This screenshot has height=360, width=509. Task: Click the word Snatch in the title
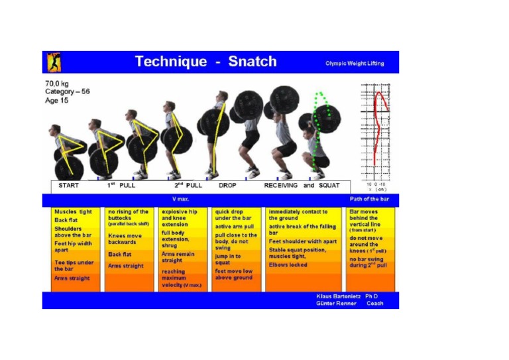(x=253, y=62)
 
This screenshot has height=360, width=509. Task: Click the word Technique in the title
(x=171, y=62)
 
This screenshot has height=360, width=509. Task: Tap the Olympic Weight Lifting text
(x=354, y=64)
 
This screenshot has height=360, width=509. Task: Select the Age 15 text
(x=58, y=100)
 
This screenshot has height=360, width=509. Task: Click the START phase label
(x=68, y=186)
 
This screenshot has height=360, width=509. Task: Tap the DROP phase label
(x=227, y=186)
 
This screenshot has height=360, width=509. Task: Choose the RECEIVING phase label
(x=281, y=186)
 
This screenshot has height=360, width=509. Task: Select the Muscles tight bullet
(x=73, y=212)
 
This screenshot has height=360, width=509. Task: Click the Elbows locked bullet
(x=288, y=265)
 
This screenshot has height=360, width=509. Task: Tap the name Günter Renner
(x=337, y=303)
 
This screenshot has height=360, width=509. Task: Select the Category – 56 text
(x=67, y=91)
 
